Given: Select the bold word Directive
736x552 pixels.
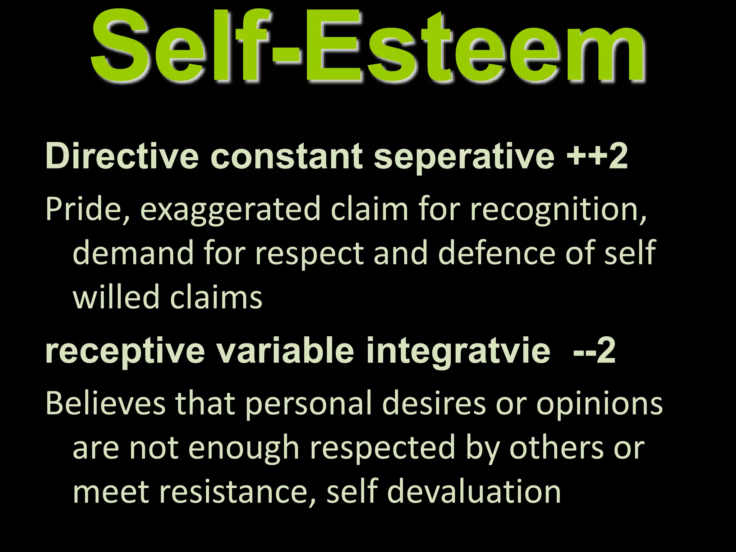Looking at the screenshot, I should click(x=122, y=156).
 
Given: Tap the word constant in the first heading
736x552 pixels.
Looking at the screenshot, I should click(x=286, y=156).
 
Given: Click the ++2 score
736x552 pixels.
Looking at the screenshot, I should click(x=597, y=156).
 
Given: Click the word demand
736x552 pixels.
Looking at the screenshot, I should click(x=133, y=253).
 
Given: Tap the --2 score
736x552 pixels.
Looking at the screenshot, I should click(x=594, y=351).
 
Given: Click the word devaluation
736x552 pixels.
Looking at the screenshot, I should click(x=474, y=492).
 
